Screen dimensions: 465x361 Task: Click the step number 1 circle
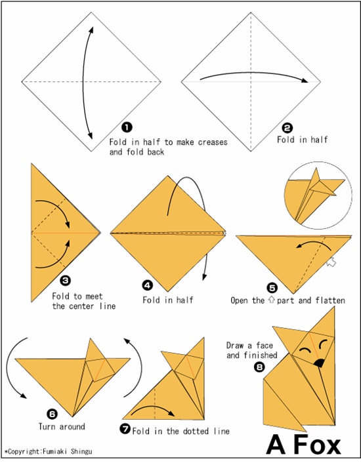(127, 127)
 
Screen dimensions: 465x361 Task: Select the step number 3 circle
(65, 281)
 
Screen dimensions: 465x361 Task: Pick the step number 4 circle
(148, 285)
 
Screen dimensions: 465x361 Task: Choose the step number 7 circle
(125, 429)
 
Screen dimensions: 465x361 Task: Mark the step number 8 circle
(259, 367)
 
